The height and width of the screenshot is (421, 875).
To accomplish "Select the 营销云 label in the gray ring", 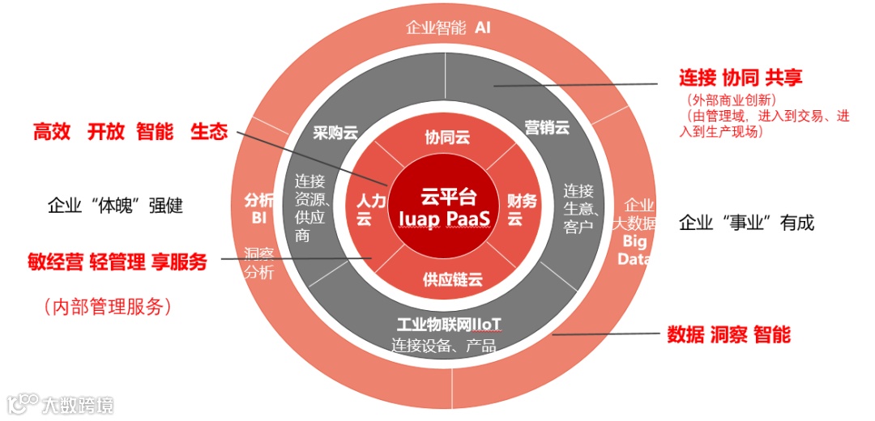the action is pyautogui.click(x=547, y=127).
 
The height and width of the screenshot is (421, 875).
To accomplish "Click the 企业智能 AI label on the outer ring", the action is pyautogui.click(x=448, y=28).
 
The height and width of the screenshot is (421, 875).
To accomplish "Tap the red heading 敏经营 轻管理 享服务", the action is pyautogui.click(x=117, y=262).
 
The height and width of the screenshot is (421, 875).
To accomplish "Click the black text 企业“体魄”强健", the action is pyautogui.click(x=116, y=206).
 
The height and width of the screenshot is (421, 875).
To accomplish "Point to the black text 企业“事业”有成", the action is pyautogui.click(x=746, y=223).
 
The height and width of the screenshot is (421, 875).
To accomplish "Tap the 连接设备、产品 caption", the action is pyautogui.click(x=444, y=345).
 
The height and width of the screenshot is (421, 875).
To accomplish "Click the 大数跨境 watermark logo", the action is pyautogui.click(x=61, y=404).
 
